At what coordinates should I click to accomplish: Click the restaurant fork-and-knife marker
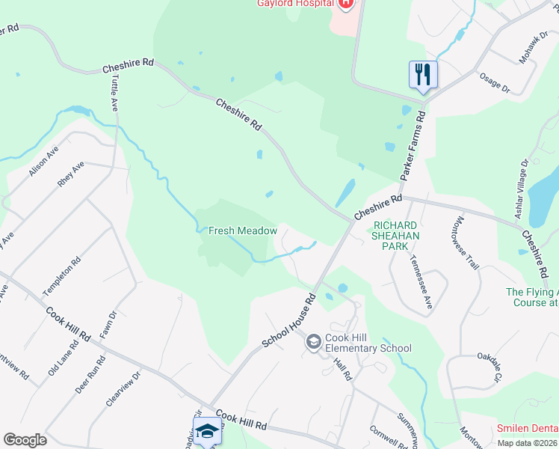[x=423, y=74]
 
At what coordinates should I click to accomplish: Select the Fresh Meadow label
[x=243, y=231]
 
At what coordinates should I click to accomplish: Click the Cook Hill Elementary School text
[x=367, y=343]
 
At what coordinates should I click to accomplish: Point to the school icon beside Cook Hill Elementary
[x=314, y=342]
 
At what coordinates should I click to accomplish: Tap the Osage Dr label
[x=494, y=84]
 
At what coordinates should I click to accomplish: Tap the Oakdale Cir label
[x=487, y=369]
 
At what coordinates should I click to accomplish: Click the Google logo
[x=25, y=439]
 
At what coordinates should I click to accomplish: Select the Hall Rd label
[x=343, y=370]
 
